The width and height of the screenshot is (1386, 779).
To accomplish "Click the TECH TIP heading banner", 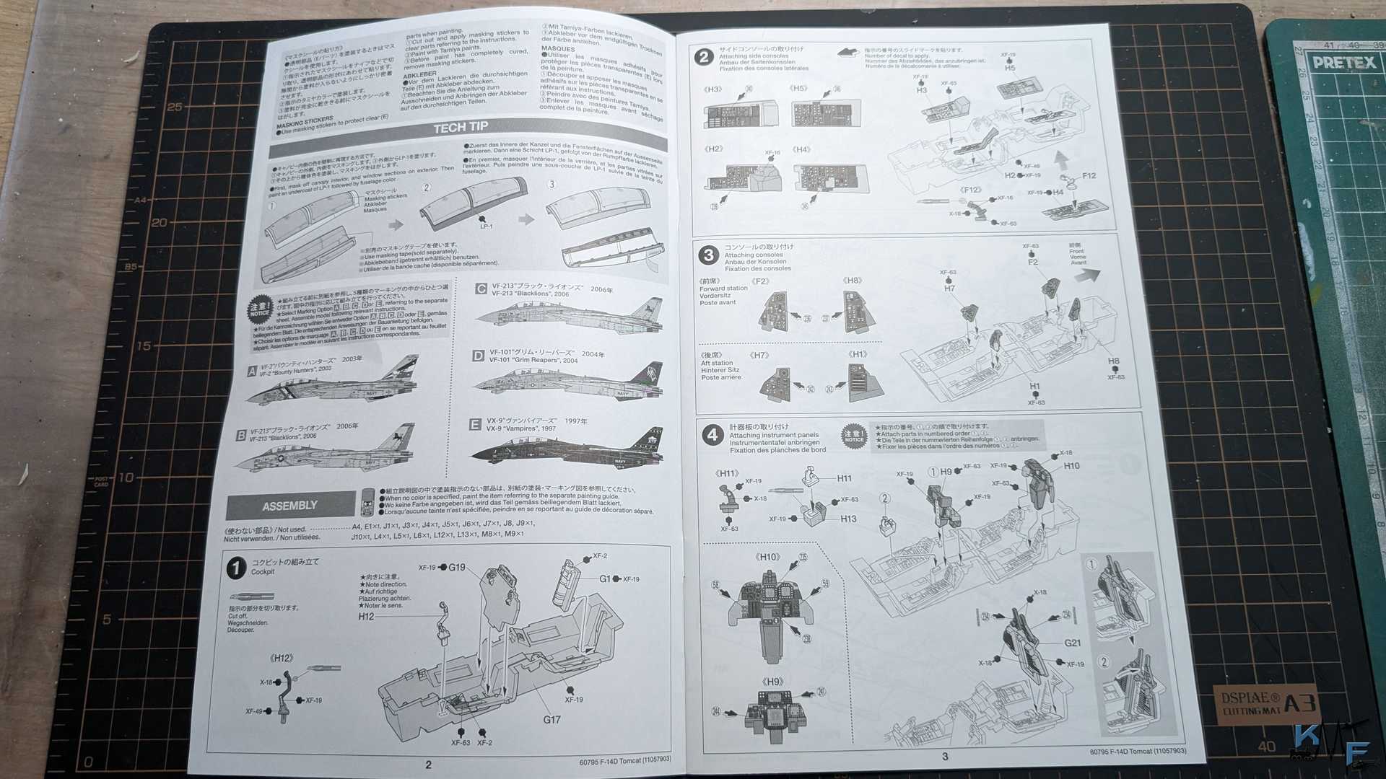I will (461, 128).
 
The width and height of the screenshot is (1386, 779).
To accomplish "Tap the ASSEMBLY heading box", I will (290, 506).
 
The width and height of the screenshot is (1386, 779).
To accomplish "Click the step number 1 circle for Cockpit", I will (236, 568).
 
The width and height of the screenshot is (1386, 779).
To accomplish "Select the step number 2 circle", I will (704, 57).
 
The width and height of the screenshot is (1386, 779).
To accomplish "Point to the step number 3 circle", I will (708, 255).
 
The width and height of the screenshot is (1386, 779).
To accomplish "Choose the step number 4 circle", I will (712, 434).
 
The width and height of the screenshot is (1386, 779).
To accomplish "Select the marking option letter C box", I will (481, 289).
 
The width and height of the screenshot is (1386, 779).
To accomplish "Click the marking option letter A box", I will (252, 371).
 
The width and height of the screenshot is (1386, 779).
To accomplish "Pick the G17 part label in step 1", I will (552, 719).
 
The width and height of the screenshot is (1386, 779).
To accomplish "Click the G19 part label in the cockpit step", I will (456, 568).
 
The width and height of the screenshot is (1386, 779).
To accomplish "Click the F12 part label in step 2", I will (1089, 175).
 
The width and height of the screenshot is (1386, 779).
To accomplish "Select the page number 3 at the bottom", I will (944, 757).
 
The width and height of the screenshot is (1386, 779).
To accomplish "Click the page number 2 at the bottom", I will (428, 765).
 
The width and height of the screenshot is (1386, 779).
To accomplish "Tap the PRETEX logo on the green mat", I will (1344, 63).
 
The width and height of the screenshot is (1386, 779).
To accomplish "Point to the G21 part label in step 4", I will (1072, 643).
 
